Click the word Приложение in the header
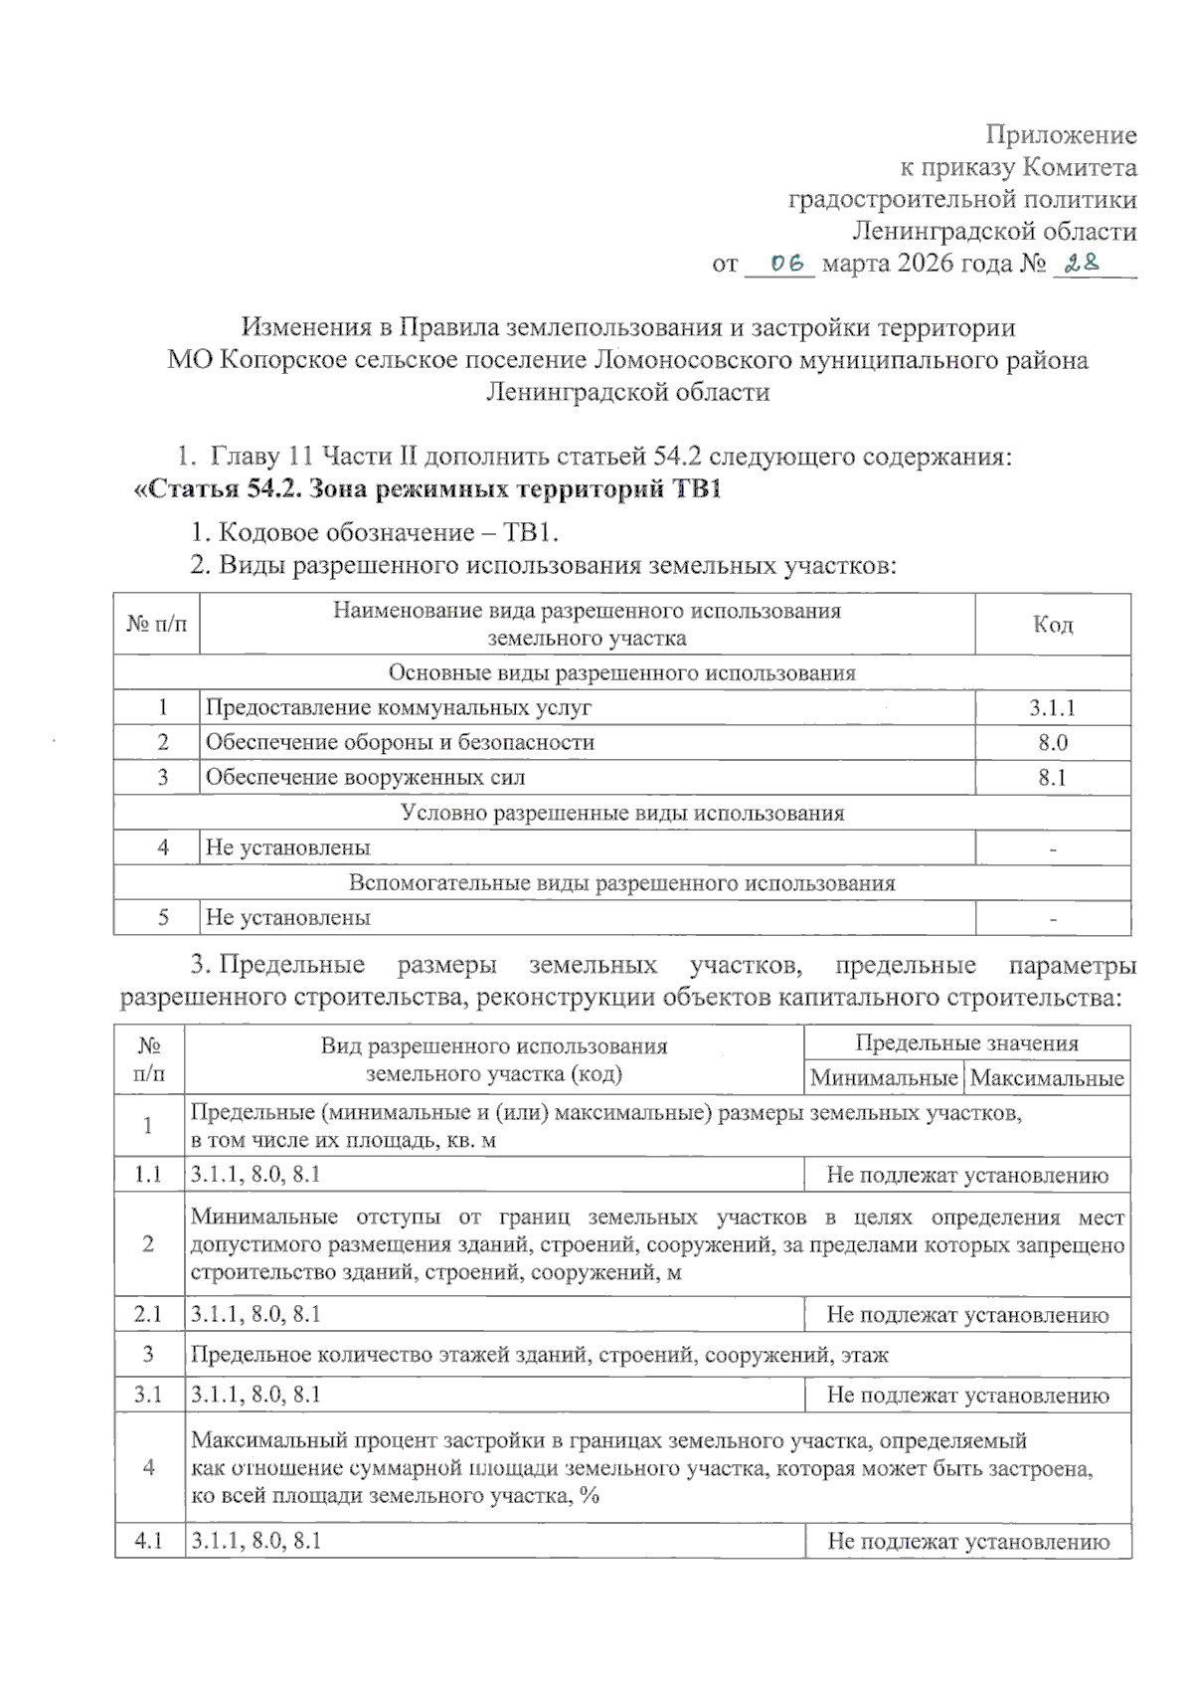pos(1061,134)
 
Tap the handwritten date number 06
pos(786,264)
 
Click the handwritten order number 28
pos(1082,264)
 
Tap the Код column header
pos(1052,625)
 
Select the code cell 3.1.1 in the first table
pos(1052,708)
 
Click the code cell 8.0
pos(1052,743)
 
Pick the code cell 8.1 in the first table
pos(1052,778)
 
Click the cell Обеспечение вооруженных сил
pos(365,778)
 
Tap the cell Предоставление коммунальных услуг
pos(398,708)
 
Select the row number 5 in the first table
pos(163,918)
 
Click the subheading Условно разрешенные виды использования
pos(622,813)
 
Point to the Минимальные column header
pos(883,1078)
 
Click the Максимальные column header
pos(1047,1078)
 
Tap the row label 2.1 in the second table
pos(148,1315)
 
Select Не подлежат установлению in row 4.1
pos(967,1542)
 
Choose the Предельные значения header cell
pos(966,1043)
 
